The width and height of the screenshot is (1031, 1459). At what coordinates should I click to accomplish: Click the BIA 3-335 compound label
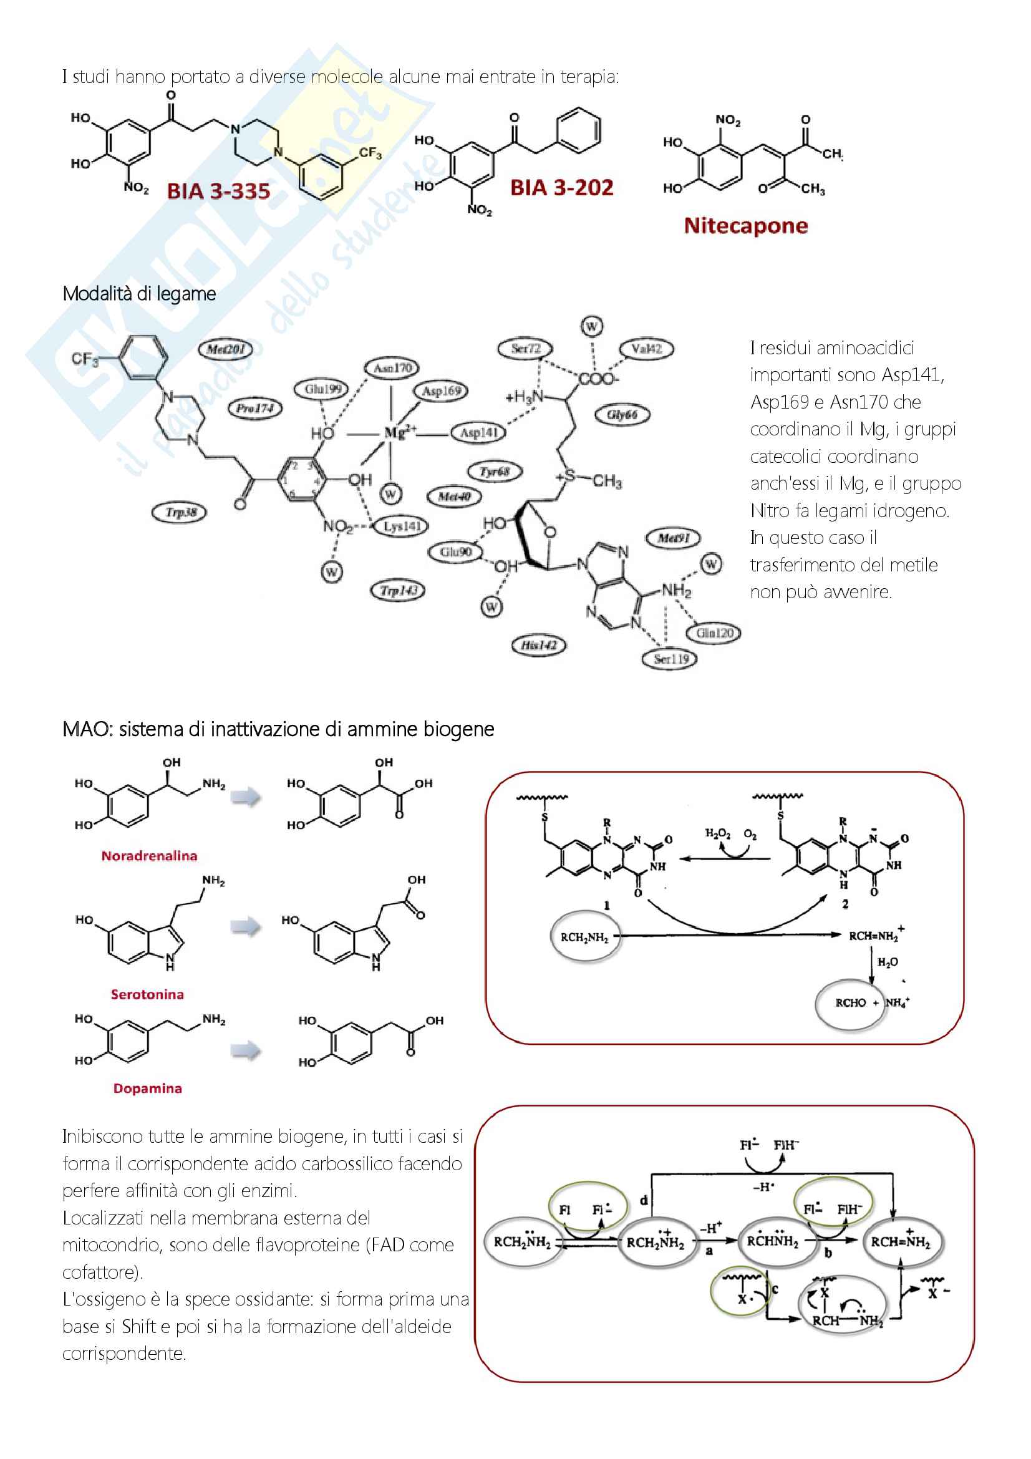click(218, 191)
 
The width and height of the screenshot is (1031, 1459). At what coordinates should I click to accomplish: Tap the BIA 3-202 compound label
click(561, 188)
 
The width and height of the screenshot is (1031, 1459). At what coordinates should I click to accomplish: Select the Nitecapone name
click(745, 226)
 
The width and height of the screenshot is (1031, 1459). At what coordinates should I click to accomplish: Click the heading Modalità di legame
click(139, 294)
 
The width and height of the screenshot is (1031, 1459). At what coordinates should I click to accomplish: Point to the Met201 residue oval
click(226, 349)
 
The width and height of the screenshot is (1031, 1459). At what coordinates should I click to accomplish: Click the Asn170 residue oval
click(392, 368)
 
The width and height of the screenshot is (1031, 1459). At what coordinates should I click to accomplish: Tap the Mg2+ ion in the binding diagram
click(400, 434)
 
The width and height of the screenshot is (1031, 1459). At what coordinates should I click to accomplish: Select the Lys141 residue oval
click(402, 526)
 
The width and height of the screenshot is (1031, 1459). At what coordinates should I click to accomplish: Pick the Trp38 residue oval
click(180, 512)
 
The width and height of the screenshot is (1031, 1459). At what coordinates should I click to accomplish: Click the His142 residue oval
click(539, 646)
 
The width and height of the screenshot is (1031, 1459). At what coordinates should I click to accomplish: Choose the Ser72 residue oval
click(525, 348)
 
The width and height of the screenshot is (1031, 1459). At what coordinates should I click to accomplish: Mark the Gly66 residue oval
click(622, 415)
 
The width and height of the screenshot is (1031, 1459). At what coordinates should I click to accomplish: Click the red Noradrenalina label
click(149, 856)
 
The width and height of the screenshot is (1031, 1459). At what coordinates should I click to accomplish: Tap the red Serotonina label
click(147, 994)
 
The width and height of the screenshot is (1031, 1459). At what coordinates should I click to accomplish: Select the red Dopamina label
click(147, 1088)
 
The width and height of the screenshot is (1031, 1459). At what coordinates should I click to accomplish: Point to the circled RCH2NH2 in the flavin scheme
click(584, 938)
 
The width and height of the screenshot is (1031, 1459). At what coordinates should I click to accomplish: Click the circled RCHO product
click(850, 1003)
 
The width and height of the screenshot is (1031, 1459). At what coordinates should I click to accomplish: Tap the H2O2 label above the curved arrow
click(717, 833)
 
